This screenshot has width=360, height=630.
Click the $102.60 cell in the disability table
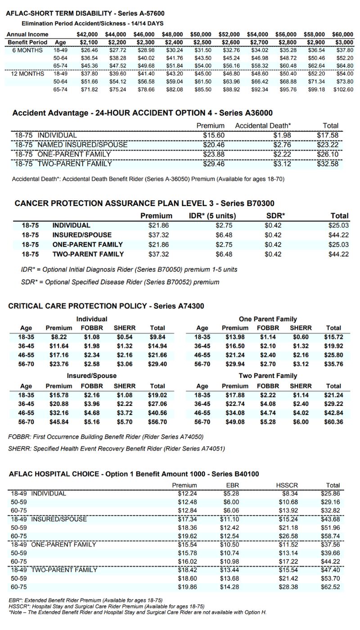[343, 90]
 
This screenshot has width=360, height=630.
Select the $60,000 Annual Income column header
[343, 34]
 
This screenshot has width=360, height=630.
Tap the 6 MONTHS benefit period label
[27, 50]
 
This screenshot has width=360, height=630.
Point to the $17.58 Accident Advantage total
[327, 135]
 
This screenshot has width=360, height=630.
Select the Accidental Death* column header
[263, 126]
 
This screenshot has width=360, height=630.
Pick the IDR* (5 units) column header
[212, 216]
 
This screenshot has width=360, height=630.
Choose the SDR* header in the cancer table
[276, 216]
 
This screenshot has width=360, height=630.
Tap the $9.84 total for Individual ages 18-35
[157, 337]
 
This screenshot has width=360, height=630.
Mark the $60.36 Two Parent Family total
[333, 422]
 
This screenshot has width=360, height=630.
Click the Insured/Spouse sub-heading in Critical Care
[92, 376]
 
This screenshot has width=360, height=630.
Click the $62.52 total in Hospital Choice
[330, 587]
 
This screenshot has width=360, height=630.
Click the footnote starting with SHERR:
[117, 448]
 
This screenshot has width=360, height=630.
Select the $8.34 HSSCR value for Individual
[288, 494]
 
